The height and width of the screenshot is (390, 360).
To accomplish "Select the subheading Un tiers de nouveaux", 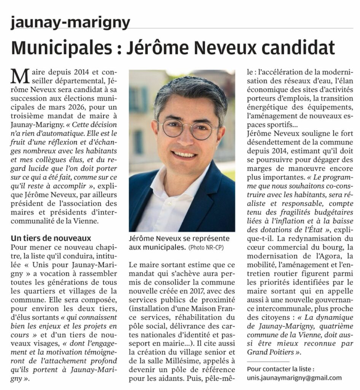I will coord(51,238).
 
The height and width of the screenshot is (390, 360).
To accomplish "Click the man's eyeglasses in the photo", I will coord(187,129).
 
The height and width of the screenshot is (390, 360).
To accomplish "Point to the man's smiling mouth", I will coord(184,155).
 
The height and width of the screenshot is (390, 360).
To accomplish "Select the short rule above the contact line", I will coord(268,361).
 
